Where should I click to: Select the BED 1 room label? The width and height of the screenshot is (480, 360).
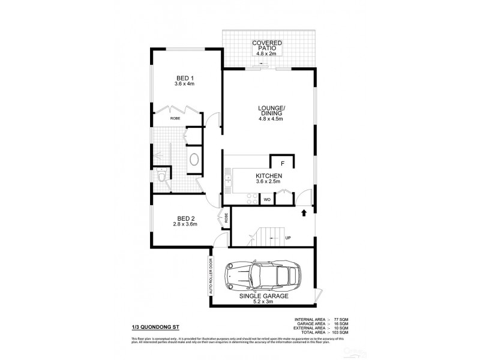pyautogui.click(x=185, y=78)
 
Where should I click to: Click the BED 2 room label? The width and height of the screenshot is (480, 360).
pyautogui.click(x=185, y=218)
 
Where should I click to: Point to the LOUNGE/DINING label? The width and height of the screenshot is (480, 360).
pyautogui.click(x=267, y=110)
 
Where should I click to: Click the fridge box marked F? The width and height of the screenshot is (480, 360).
pyautogui.click(x=282, y=163)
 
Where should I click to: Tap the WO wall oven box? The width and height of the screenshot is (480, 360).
pyautogui.click(x=266, y=199)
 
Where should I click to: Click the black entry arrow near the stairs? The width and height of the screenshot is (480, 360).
pyautogui.click(x=304, y=212)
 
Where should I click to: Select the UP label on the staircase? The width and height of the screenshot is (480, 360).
pyautogui.click(x=288, y=238)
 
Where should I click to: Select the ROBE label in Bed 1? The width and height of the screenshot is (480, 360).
pyautogui.click(x=175, y=119)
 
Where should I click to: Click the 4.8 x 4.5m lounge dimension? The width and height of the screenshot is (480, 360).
pyautogui.click(x=267, y=119)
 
